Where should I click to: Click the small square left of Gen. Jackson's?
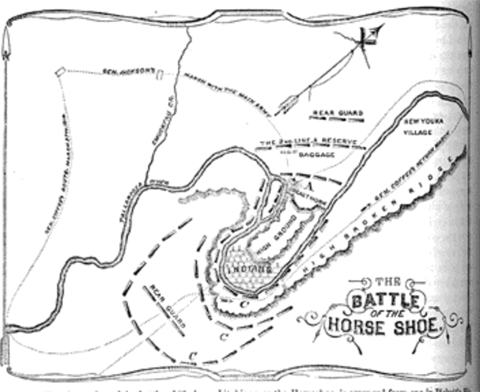click(60, 73)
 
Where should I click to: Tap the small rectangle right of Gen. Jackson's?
click(160, 74)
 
